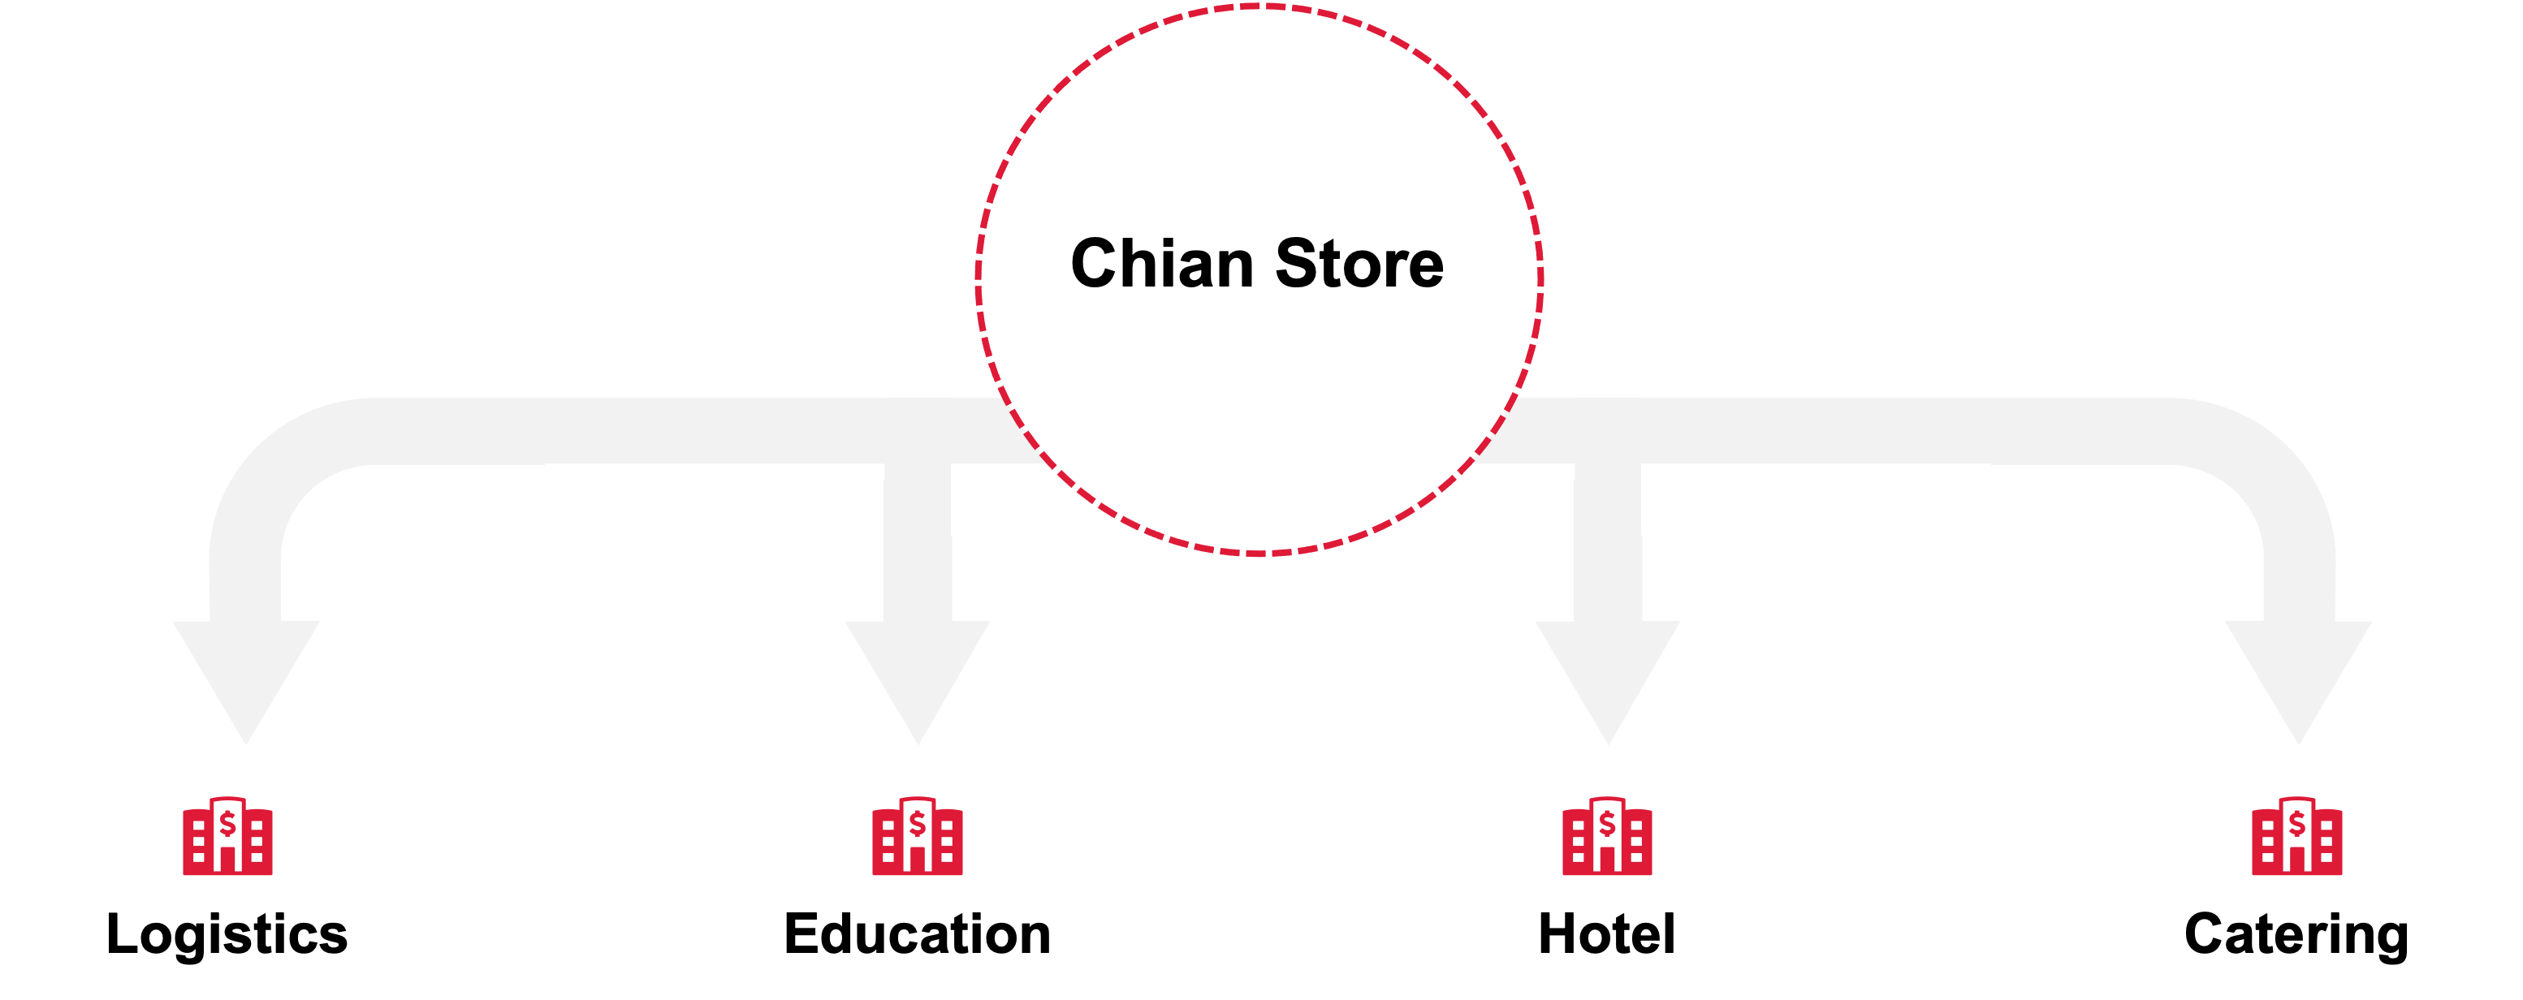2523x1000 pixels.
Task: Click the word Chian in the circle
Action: click(1161, 264)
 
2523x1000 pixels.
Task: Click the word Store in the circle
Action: click(1359, 264)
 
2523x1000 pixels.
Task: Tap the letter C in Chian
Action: click(1096, 264)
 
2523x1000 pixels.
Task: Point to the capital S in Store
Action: click(1296, 264)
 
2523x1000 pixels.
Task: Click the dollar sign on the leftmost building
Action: click(227, 825)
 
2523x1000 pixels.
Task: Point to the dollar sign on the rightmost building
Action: click(2296, 825)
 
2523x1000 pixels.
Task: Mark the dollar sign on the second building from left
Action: click(917, 825)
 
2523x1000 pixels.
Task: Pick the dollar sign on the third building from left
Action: click(1606, 825)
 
